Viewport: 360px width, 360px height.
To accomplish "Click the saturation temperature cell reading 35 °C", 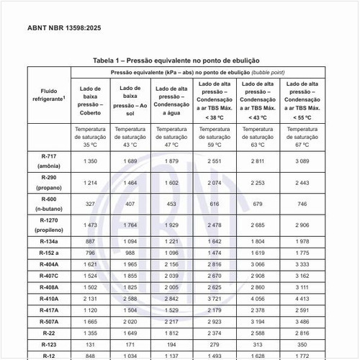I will [91, 137].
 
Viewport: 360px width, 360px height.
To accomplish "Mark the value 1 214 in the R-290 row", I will [91, 183].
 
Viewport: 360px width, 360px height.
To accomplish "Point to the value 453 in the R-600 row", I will [172, 204].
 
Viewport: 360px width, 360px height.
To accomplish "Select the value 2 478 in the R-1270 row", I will [215, 225].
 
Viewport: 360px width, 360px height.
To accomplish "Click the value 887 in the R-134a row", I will [91, 241].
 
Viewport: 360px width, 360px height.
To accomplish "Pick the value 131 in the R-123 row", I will [91, 344].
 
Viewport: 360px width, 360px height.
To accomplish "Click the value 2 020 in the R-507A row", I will [131, 321].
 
